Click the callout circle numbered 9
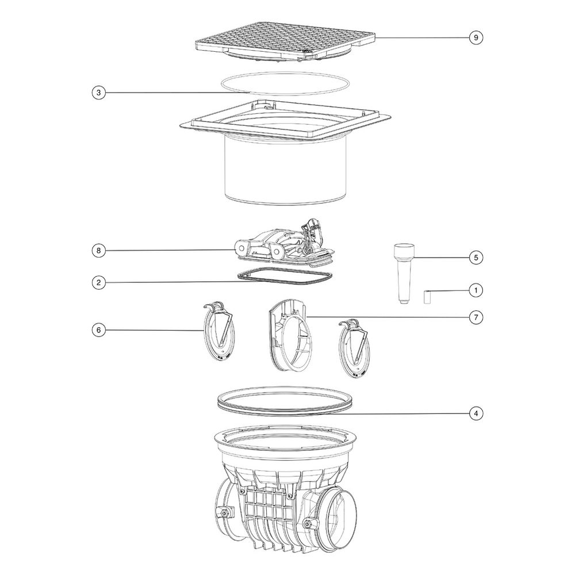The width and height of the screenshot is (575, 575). [476, 37]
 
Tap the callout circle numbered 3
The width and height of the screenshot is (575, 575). [98, 93]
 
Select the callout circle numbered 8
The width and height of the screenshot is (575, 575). [98, 251]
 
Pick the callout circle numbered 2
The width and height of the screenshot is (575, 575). [98, 282]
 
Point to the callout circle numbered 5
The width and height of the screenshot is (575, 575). [476, 258]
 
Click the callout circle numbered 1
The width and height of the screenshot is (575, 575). [476, 290]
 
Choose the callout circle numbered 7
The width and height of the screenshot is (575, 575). [476, 317]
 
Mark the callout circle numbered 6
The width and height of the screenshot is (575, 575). [98, 330]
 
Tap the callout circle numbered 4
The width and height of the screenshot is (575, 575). [476, 413]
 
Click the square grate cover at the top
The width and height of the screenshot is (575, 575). [285, 41]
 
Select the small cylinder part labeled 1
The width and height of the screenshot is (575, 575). [427, 297]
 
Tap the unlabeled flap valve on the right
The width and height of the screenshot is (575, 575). [354, 348]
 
